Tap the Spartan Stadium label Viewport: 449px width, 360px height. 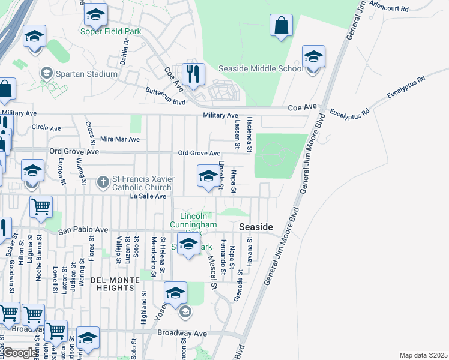(85, 74)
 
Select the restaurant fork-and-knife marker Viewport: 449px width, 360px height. (193, 75)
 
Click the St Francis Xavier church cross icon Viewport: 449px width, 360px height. (103, 181)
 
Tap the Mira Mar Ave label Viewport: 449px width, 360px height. (119, 139)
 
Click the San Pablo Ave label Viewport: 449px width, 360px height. (83, 230)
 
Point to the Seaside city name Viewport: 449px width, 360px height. (256, 227)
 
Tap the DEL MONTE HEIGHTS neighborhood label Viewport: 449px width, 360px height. (112, 284)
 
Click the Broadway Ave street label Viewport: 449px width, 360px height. (182, 333)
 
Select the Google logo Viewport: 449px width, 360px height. (20, 353)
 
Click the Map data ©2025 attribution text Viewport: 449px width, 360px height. (423, 355)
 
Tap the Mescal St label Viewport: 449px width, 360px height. (211, 271)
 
